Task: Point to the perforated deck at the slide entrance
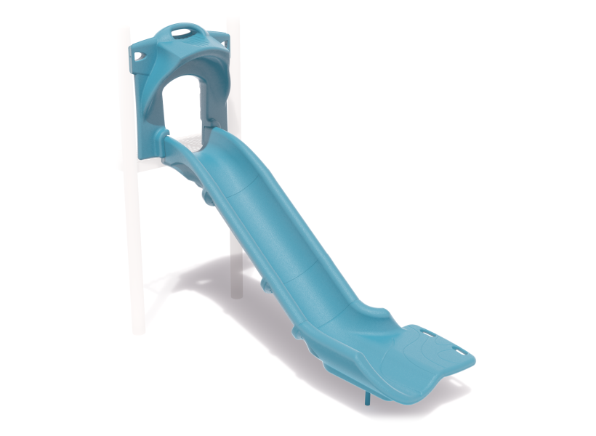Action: [x=190, y=142]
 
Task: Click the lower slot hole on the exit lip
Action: [x=460, y=357]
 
